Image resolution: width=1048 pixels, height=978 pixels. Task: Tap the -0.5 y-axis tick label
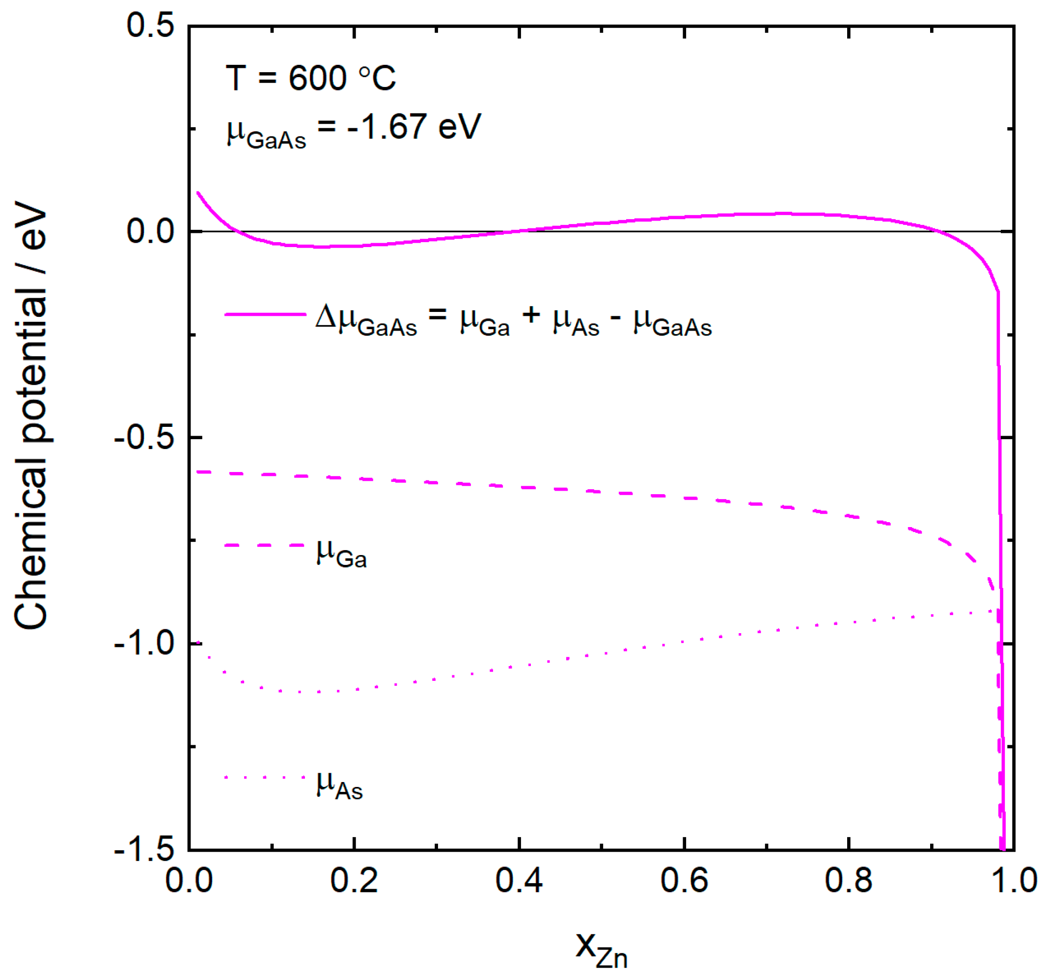click(x=143, y=438)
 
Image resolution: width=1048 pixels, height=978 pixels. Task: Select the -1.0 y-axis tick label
click(x=143, y=643)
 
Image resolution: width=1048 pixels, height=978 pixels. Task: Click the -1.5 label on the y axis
click(x=143, y=849)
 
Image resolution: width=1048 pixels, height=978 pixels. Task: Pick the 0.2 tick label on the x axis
click(x=354, y=880)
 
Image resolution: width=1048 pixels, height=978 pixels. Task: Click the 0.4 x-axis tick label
click(x=519, y=880)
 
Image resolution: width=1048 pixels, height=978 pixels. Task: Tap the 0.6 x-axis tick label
click(x=684, y=880)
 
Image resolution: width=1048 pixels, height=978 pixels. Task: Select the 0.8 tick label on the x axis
click(x=848, y=880)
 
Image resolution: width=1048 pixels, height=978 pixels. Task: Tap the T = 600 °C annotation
click(x=310, y=78)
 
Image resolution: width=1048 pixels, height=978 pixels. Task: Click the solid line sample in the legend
click(x=265, y=314)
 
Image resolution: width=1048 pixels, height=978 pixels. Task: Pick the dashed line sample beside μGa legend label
click(x=265, y=545)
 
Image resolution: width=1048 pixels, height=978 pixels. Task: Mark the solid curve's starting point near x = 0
click(x=198, y=193)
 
